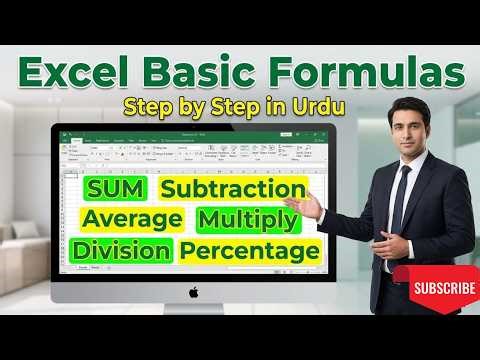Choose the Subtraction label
tap(233, 188)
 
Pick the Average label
tap(133, 218)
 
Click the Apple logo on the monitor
tap(193, 292)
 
